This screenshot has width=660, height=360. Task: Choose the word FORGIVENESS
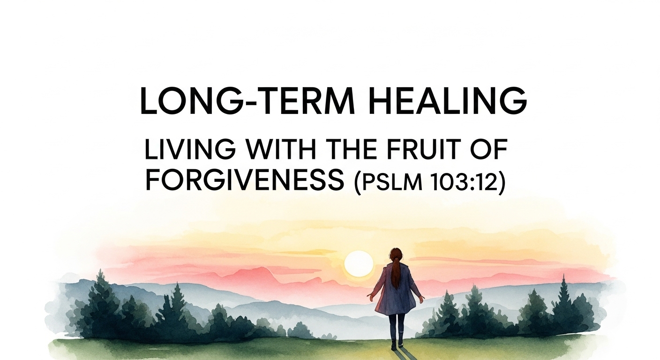tap(245, 180)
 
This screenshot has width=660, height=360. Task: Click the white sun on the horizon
tap(359, 264)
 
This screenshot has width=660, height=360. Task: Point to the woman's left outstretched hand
tap(370, 297)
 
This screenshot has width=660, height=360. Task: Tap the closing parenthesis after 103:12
tap(502, 181)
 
